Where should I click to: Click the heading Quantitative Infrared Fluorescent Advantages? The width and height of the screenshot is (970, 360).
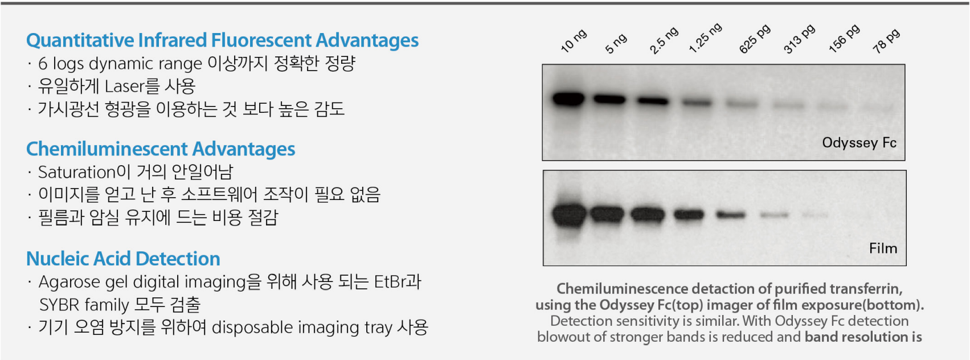coord(222,40)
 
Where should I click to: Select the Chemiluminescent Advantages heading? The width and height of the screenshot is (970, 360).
coord(161,149)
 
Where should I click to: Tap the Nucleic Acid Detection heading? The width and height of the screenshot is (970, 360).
coord(124,259)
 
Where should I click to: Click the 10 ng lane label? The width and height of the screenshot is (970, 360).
coord(574,41)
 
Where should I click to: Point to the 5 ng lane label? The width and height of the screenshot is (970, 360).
coord(616,44)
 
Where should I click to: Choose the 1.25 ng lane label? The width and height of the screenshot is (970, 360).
coord(706,38)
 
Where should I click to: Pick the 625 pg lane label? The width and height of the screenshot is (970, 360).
coord(755,39)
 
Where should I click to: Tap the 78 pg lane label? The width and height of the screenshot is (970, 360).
coord(886,42)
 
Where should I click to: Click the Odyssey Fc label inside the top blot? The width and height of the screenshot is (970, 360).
coord(859,142)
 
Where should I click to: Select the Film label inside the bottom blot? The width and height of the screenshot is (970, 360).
coord(883,248)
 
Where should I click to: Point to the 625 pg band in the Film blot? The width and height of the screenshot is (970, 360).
coord(731,215)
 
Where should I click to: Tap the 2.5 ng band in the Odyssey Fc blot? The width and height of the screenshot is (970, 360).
coord(653,101)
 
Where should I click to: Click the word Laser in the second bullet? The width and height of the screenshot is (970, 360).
coord(124,86)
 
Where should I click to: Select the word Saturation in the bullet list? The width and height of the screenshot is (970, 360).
coord(77,173)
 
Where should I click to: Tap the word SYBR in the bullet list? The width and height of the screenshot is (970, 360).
coord(59,305)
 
